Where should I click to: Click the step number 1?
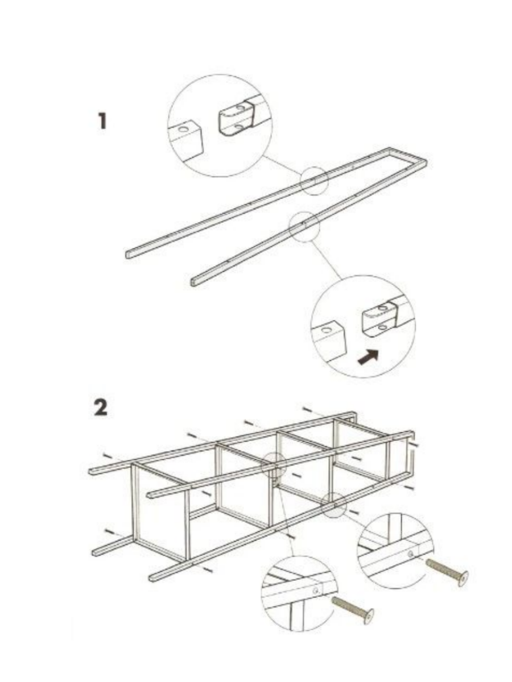click(102, 121)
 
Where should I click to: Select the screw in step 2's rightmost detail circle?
click(447, 571)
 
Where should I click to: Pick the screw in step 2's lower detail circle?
click(353, 607)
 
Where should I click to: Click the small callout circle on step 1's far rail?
click(314, 181)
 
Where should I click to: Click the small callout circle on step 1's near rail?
click(304, 227)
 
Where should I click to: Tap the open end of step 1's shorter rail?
click(193, 281)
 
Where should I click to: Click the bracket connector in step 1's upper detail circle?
click(234, 119)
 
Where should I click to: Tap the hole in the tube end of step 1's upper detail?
click(183, 130)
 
